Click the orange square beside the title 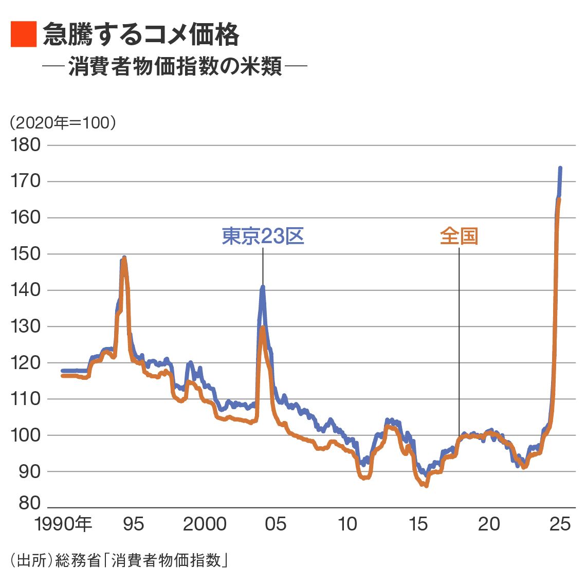(x=24, y=34)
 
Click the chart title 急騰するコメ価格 (x=141, y=35)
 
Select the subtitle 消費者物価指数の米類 (x=175, y=67)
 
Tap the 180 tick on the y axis (x=26, y=145)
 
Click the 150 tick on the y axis (x=26, y=254)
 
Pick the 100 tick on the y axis (x=26, y=435)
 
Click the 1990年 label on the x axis (x=63, y=524)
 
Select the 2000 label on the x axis (x=205, y=524)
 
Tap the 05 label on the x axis (x=276, y=524)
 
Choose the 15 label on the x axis (x=418, y=524)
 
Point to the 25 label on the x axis (x=560, y=524)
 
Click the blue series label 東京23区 (x=263, y=236)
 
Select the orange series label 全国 (x=459, y=236)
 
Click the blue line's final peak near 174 (x=560, y=168)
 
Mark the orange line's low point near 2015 (x=426, y=485)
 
